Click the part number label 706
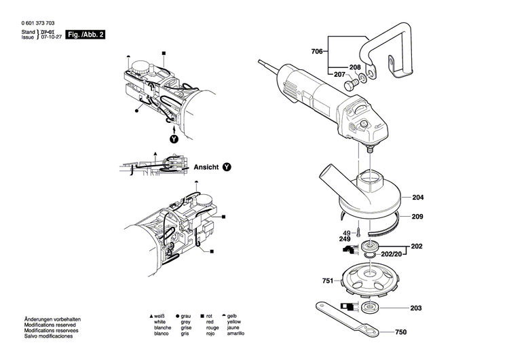click(x=317, y=52)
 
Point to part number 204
click(x=417, y=198)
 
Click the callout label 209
click(x=417, y=217)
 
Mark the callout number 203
click(x=417, y=308)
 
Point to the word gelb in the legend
click(x=233, y=317)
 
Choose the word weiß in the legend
click(x=160, y=317)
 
